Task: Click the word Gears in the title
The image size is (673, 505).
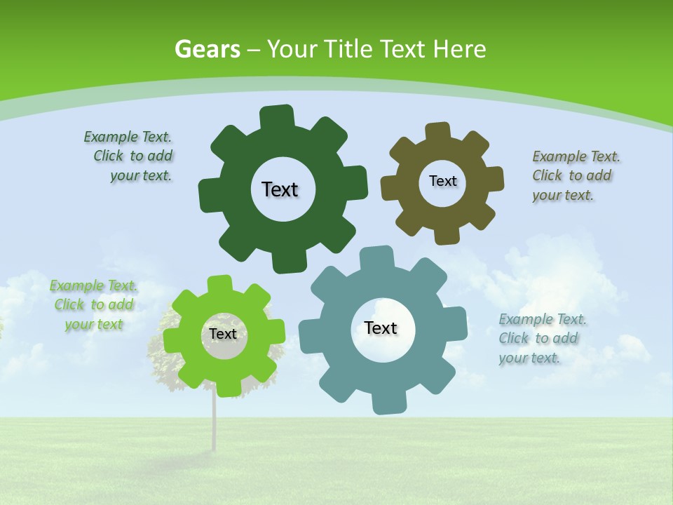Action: click(x=207, y=50)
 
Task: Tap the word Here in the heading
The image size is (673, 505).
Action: click(x=459, y=50)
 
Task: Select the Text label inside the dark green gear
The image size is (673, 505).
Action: click(x=280, y=189)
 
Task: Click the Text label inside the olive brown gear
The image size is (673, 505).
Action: click(x=442, y=181)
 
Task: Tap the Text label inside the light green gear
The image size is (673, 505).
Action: click(x=223, y=334)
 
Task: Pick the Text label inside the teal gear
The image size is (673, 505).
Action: click(x=381, y=328)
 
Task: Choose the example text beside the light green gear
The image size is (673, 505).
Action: click(x=94, y=305)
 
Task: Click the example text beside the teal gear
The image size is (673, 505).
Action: click(x=541, y=338)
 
